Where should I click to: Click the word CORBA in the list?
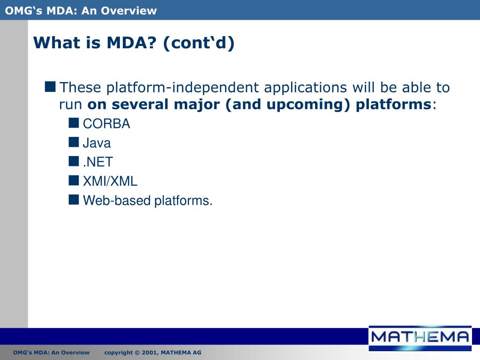pos(106,124)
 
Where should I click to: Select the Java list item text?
pos(97,143)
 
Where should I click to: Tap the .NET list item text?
pos(98,162)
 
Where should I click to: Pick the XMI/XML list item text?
pos(110,181)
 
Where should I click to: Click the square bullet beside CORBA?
pos(74,123)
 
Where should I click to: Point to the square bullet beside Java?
pos(74,142)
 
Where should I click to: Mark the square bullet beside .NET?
pos(74,161)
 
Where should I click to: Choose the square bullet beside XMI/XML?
pos(74,180)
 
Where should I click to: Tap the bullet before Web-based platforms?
pos(74,199)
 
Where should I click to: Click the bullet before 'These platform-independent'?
pos(50,87)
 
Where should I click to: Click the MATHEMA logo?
pos(420,338)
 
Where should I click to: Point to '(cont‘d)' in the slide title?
pos(199,43)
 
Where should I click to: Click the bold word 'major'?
pos(197,105)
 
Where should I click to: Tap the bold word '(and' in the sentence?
pos(244,105)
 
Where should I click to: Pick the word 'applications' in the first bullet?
pos(306,88)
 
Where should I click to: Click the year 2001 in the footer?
pos(149,352)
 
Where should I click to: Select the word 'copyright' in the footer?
pos(119,352)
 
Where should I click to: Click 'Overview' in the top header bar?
pos(129,11)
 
